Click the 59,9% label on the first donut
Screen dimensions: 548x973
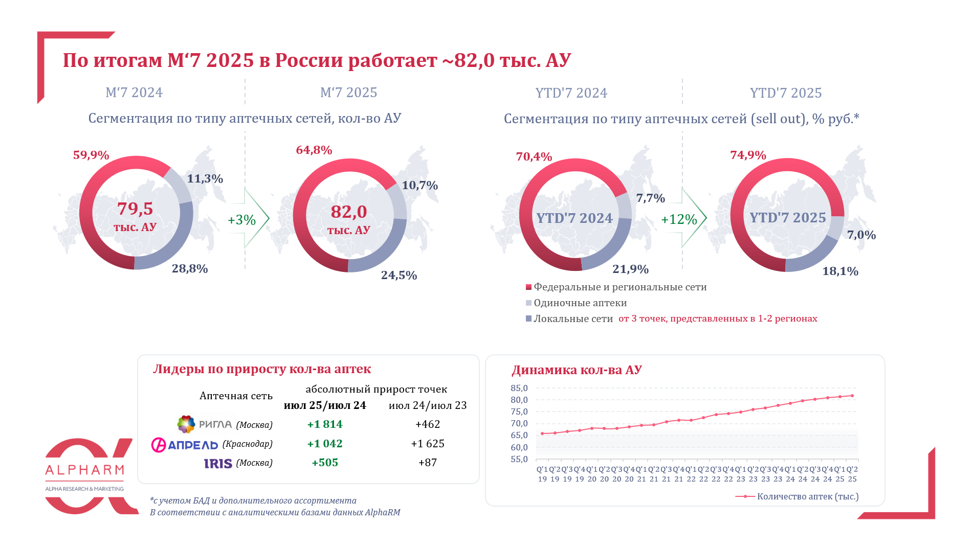(91, 155)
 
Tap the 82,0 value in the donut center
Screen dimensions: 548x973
(349, 212)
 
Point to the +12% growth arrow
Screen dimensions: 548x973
(681, 219)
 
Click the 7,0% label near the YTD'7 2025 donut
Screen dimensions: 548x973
(861, 235)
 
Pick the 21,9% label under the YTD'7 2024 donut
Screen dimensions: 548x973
(630, 269)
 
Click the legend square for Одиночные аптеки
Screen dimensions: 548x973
(528, 303)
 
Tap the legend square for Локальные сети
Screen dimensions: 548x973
(528, 318)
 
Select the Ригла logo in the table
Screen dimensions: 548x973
(186, 424)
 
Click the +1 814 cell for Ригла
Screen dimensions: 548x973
(325, 424)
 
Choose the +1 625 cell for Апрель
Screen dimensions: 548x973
(428, 444)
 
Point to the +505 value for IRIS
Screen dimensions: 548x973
(325, 463)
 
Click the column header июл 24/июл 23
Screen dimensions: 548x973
(428, 405)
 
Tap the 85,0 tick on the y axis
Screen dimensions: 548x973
(519, 388)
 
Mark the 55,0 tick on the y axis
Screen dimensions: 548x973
(519, 459)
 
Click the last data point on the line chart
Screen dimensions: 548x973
(852, 396)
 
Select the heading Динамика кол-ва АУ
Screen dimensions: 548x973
(577, 370)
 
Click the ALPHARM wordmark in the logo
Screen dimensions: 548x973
(84, 470)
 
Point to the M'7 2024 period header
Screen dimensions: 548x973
(134, 93)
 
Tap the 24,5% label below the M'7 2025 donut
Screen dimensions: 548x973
(399, 276)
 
